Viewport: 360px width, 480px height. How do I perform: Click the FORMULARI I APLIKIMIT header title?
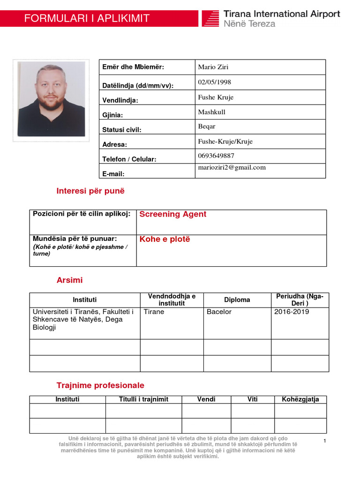coord(87,19)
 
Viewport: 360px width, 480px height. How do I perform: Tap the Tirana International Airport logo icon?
coord(211,19)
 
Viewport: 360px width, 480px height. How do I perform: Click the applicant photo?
coord(51,99)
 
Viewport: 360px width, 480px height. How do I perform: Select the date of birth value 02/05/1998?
coord(215,82)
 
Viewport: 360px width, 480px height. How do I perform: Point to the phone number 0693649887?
coord(216,156)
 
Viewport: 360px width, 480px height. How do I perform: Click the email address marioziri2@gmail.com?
coord(232,167)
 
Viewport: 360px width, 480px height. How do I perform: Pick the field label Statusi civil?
coord(121,130)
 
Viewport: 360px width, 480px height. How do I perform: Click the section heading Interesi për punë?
coord(90,191)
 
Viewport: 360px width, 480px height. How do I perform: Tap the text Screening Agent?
coord(172,214)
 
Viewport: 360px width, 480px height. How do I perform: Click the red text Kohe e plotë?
coord(165,240)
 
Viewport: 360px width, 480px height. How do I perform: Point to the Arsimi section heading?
coord(69,280)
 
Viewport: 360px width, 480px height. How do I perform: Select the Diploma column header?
coord(237,300)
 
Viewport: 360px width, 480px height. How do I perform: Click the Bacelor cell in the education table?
coord(219,312)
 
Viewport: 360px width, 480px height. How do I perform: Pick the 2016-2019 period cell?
coord(292,312)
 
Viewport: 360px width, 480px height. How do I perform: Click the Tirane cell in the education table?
coord(154,312)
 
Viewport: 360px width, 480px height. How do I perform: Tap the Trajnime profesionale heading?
coord(100,385)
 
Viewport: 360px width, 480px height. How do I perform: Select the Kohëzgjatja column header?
coord(300,399)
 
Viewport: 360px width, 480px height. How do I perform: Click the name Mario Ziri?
coord(213,67)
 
